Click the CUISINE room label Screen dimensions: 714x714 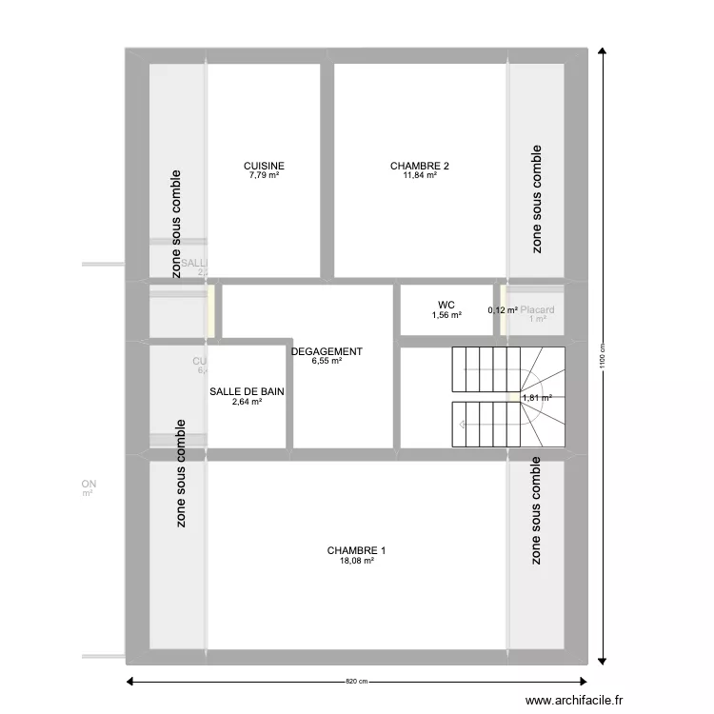pyautogui.click(x=264, y=166)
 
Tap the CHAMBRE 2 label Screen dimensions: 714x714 pyautogui.click(x=419, y=166)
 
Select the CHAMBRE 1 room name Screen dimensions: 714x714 pyautogui.click(x=356, y=550)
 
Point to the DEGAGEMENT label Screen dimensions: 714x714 pyautogui.click(x=327, y=351)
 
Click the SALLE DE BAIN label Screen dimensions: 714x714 pyautogui.click(x=247, y=391)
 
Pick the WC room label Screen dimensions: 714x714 pyautogui.click(x=446, y=306)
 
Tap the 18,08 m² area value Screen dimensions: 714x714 pyautogui.click(x=356, y=561)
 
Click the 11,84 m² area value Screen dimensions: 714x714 pyautogui.click(x=419, y=175)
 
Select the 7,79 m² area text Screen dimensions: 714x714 pyautogui.click(x=264, y=175)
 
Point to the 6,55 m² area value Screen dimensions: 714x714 pyautogui.click(x=327, y=361)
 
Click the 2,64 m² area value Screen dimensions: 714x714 pyautogui.click(x=247, y=402)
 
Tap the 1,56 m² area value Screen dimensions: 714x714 pyautogui.click(x=446, y=315)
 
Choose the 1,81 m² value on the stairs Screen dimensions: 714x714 pyautogui.click(x=537, y=398)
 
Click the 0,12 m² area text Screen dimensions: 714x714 pyautogui.click(x=503, y=309)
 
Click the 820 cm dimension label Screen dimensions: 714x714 pyautogui.click(x=356, y=682)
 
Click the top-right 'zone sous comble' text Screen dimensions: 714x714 pyautogui.click(x=537, y=199)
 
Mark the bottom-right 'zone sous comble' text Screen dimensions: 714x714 pyautogui.click(x=537, y=511)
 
